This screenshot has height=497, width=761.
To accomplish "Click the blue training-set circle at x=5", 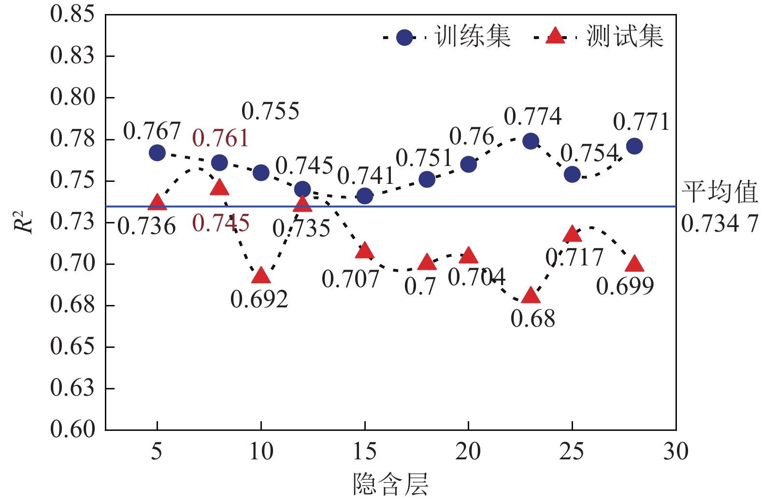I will (157, 153).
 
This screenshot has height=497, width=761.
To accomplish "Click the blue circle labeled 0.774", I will (531, 141).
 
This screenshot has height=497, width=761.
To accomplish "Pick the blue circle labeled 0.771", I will (634, 146).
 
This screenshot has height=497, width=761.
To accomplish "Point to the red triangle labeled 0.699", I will (634, 264).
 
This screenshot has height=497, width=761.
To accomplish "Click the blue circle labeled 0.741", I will (365, 196).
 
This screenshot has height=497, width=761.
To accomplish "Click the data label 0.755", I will (271, 111).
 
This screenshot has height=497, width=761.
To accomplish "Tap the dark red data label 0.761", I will (220, 139).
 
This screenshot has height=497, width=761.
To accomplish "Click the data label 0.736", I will (146, 226).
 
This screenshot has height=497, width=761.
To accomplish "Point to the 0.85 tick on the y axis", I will (72, 14).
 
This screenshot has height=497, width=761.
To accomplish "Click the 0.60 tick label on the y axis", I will (72, 429).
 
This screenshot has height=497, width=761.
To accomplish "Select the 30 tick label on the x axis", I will (675, 452).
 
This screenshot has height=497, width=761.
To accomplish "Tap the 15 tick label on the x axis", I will (365, 452).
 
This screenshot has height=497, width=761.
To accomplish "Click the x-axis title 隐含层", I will (390, 484).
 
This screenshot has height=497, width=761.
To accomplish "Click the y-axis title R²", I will (23, 222).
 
